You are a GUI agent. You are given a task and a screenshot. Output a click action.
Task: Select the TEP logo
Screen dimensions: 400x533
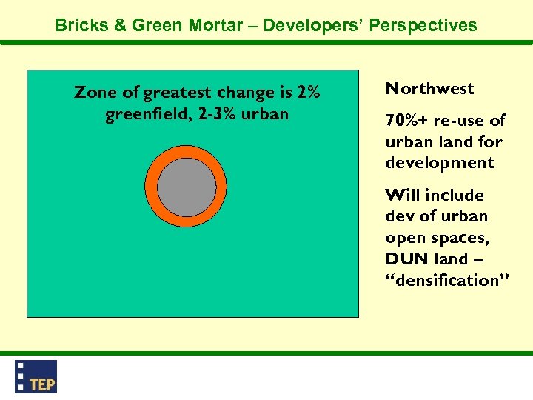click(36, 376)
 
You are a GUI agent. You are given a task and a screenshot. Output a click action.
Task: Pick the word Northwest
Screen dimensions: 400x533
click(429, 89)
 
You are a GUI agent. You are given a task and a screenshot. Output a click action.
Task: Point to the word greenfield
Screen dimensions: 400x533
click(147, 115)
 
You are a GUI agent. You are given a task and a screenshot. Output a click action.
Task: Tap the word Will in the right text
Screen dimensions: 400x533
click(403, 196)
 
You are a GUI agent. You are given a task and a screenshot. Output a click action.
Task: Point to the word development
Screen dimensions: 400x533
click(439, 163)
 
